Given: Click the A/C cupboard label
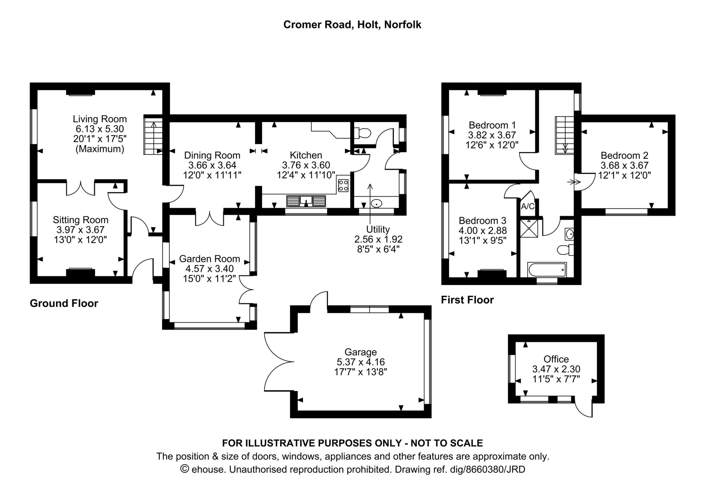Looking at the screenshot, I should click(x=528, y=206).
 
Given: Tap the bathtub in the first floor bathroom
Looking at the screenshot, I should click(x=547, y=270).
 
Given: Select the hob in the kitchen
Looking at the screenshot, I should click(x=343, y=186).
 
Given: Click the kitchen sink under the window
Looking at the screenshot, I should click(x=306, y=201).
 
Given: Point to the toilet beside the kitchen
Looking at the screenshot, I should click(x=363, y=133).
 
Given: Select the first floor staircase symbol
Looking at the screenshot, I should click(x=564, y=135).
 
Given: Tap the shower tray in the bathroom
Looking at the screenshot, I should click(x=529, y=228).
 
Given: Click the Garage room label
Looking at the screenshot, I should click(x=360, y=352).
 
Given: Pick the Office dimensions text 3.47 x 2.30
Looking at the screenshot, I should click(x=556, y=369).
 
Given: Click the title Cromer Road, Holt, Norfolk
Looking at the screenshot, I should click(x=352, y=25).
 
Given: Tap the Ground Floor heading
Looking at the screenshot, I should click(x=64, y=303).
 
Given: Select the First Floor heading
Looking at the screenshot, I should click(x=467, y=300).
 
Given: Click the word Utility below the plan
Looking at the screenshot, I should click(x=378, y=229).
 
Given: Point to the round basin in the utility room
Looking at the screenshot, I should click(x=377, y=203).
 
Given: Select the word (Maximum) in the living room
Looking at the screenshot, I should click(x=100, y=149).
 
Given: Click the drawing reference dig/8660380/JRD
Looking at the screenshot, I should click(x=487, y=469).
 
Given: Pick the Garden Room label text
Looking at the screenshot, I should click(x=209, y=259).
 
